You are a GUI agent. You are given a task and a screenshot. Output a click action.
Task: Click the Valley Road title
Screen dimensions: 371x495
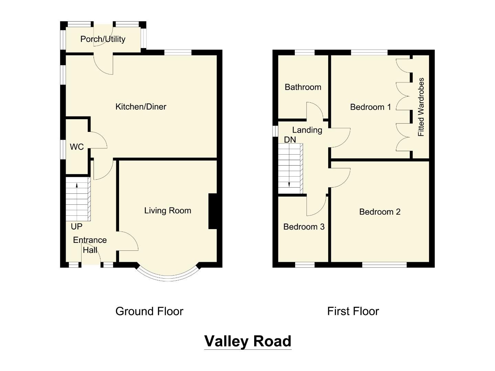248,341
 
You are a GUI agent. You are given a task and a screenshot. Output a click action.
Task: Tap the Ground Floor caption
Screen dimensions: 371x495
149,311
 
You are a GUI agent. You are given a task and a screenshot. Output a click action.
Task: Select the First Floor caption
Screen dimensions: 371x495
353,311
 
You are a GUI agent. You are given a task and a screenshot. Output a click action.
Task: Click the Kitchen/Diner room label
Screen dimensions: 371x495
141,107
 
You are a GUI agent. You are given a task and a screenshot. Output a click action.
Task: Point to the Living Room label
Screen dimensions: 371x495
168,211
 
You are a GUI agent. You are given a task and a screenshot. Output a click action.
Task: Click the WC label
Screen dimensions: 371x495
77,147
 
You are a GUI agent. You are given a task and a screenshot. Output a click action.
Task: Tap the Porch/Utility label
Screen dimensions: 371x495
103,39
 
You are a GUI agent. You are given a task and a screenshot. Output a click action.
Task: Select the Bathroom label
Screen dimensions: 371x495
303,87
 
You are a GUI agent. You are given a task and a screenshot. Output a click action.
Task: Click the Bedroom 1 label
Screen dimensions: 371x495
370,107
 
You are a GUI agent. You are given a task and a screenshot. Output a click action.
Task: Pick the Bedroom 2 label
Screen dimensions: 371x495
380,212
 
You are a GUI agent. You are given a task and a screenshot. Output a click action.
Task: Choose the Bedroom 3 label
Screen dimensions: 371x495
304,227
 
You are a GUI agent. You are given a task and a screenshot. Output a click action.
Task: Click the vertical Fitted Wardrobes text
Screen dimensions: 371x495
421,107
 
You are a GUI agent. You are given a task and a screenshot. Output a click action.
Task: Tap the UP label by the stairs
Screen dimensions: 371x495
76,227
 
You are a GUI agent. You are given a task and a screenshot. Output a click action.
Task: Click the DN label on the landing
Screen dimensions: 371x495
290,139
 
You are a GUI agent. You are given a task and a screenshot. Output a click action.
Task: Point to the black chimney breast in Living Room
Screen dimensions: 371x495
213,211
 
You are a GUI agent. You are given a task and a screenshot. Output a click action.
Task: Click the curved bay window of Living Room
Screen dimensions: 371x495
169,277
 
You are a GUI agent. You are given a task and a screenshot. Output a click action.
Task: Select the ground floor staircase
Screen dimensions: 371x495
78,199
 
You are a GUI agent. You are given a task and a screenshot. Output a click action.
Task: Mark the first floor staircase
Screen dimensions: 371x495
291,168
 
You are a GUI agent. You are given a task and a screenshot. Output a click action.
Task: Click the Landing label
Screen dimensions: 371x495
307,130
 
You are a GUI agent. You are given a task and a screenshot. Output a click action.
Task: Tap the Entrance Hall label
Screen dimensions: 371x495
90,245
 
